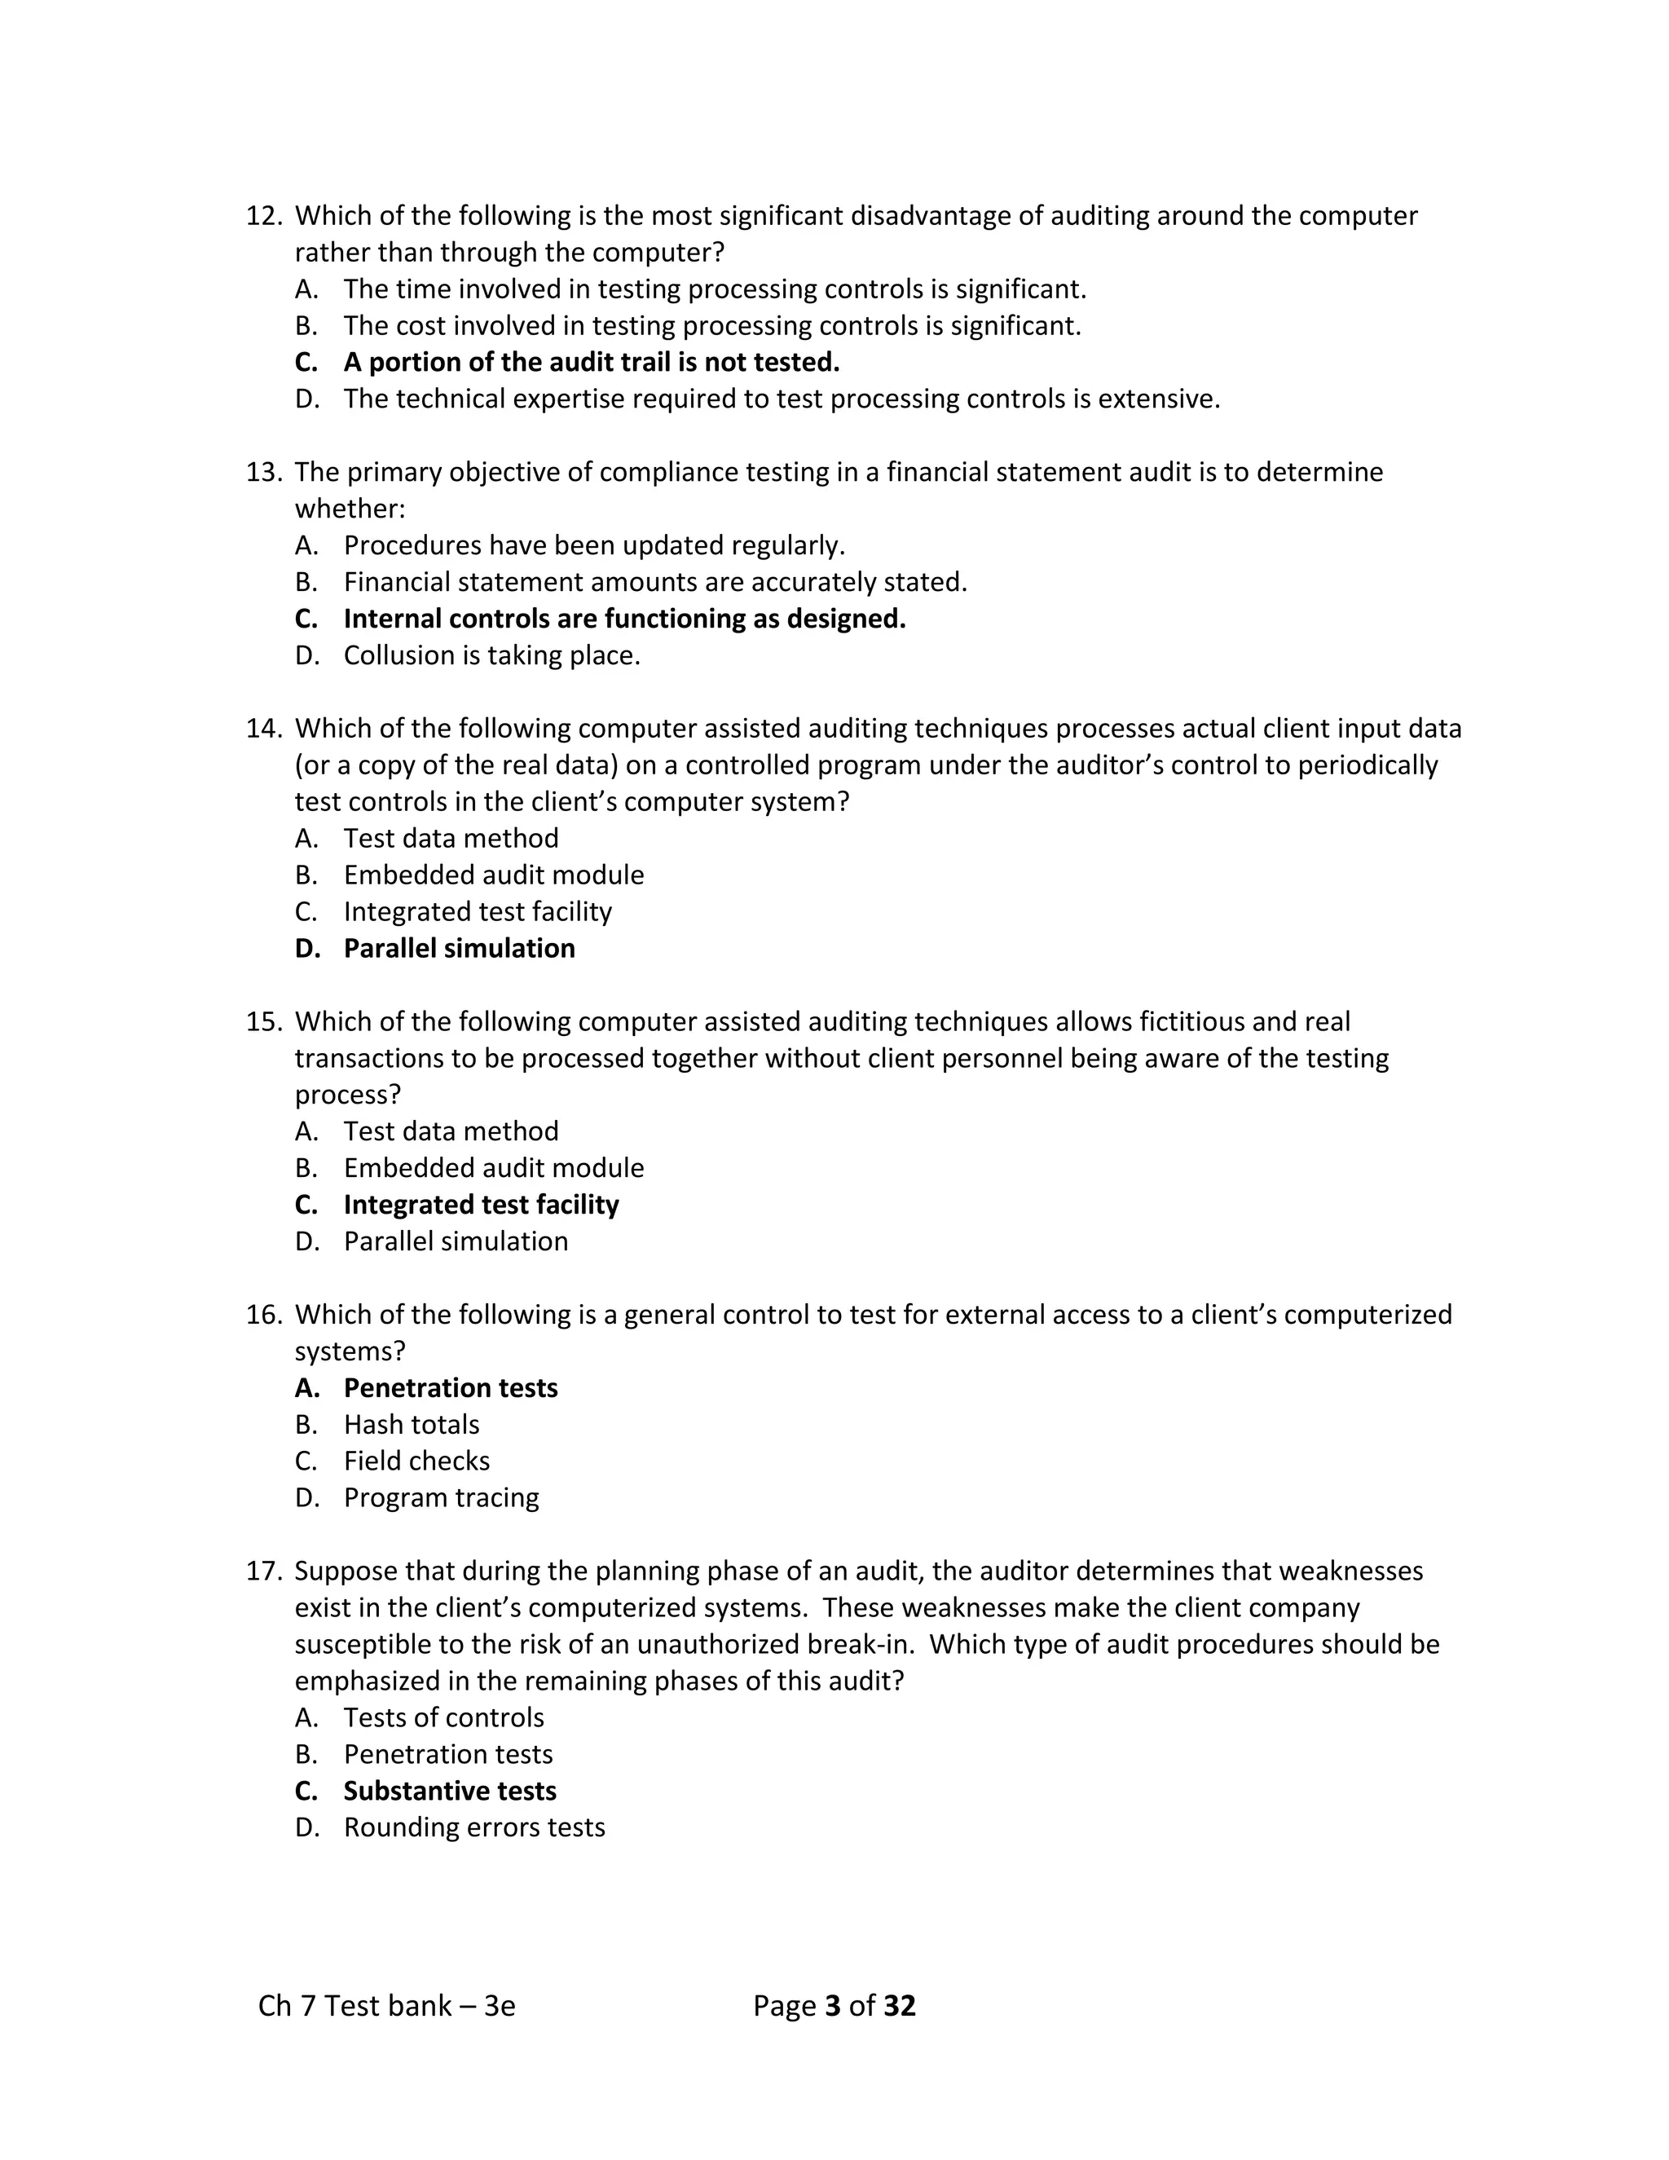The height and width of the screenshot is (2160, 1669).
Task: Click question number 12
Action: click(263, 216)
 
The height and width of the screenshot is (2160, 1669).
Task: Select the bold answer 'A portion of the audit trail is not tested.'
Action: click(592, 363)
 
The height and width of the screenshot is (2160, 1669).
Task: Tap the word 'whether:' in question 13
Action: click(350, 509)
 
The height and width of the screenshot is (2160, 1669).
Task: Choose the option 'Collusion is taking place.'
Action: click(491, 655)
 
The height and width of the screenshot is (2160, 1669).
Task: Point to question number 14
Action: click(263, 729)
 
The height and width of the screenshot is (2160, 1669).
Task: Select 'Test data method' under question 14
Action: click(451, 839)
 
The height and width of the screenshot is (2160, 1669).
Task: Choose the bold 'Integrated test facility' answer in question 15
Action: click(481, 1205)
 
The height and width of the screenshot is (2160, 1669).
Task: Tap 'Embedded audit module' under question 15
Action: click(493, 1168)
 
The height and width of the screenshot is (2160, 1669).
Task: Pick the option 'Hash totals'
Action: click(412, 1425)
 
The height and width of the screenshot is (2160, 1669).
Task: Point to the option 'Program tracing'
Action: click(441, 1498)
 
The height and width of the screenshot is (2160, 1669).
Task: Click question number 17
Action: click(263, 1572)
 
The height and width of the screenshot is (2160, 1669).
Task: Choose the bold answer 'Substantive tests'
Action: click(449, 1791)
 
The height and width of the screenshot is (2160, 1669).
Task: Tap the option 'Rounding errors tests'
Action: click(473, 1827)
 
